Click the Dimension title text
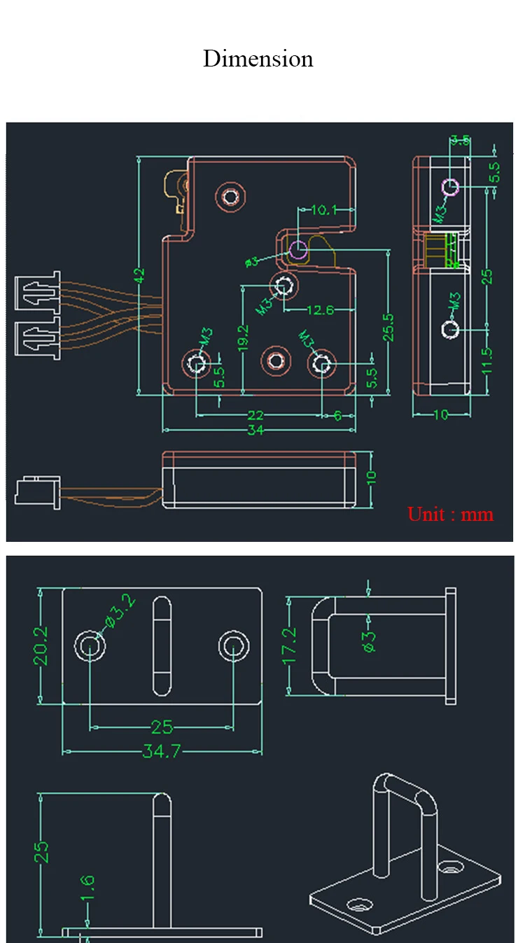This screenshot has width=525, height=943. coord(258,59)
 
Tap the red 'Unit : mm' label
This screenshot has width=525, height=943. coord(450,515)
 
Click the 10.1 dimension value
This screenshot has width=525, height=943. coord(324,209)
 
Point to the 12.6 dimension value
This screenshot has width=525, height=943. coord(319,310)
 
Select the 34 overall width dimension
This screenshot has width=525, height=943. coord(255,431)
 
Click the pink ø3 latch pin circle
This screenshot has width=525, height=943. coord(298,250)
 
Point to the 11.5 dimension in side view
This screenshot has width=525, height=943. coord(488,361)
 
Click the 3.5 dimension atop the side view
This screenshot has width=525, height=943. coord(460,140)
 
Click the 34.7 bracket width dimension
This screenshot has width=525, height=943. coord(161,752)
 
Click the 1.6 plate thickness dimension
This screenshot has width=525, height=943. coord(87,889)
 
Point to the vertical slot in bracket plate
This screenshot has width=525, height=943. coord(162,645)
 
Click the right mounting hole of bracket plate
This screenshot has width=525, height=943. coord(232,645)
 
